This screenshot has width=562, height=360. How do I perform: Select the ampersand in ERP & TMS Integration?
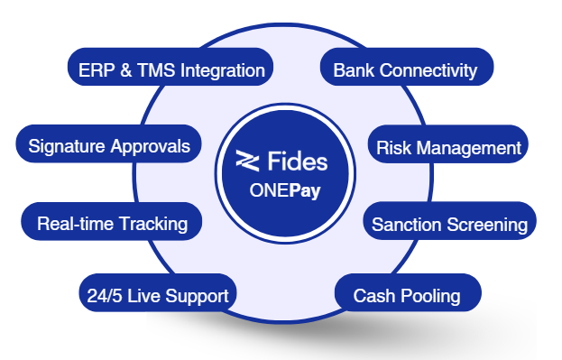126,70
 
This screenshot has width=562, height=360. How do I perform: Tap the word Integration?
223,70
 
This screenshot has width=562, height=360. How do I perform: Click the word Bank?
354,70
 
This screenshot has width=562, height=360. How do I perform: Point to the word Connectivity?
428,70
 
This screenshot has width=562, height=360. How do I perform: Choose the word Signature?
67,146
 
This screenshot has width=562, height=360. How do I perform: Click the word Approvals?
150,147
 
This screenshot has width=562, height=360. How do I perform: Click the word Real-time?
75,224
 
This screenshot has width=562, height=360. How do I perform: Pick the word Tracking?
153,224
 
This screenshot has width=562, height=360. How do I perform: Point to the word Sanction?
407,225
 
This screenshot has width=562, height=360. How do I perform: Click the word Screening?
487,226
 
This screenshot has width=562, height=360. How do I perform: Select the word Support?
197,297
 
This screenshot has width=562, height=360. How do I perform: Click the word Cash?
374,296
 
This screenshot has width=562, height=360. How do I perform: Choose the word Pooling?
430,297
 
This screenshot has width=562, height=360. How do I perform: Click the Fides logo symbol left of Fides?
247,161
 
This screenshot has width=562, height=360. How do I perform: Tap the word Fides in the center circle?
298,161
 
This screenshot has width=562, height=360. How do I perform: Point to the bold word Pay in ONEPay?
305,190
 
